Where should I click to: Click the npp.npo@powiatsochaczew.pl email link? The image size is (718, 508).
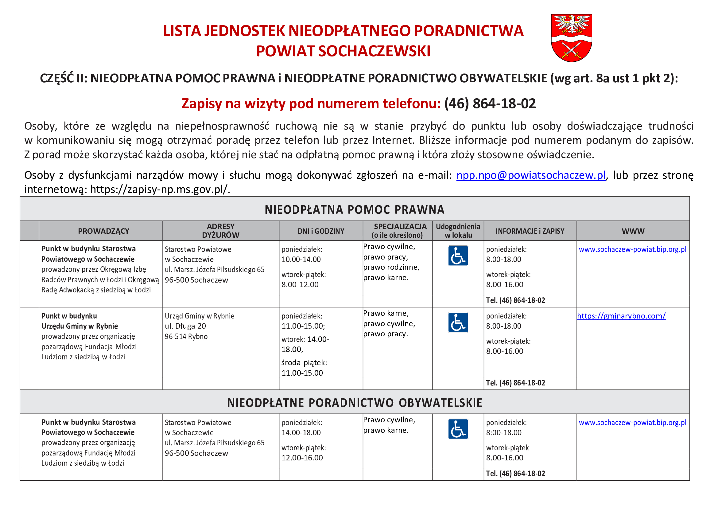(x=531, y=175)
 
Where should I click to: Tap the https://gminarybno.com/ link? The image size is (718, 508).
(x=621, y=316)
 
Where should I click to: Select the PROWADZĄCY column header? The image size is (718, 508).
(x=103, y=231)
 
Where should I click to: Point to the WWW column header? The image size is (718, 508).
(x=633, y=231)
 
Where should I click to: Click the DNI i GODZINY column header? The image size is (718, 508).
(x=321, y=231)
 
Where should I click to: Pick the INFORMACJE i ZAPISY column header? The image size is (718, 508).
(x=530, y=231)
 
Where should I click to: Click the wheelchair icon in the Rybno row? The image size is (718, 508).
(x=458, y=322)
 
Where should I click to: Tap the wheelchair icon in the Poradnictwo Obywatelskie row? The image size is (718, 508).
(x=458, y=429)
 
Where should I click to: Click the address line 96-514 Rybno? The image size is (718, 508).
(x=186, y=337)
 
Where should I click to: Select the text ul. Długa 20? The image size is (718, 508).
(x=185, y=326)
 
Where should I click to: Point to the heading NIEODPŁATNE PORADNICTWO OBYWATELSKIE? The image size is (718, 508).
(x=355, y=403)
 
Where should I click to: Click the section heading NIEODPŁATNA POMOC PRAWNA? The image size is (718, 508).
(x=355, y=209)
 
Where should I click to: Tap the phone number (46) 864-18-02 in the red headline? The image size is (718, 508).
(x=490, y=104)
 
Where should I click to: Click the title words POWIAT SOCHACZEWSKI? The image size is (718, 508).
(x=343, y=51)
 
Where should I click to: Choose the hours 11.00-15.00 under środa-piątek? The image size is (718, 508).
(x=302, y=373)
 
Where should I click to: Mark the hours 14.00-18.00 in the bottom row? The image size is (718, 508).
(x=301, y=433)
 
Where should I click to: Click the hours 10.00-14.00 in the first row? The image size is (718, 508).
(x=301, y=259)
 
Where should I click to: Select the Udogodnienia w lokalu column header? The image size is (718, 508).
(x=458, y=231)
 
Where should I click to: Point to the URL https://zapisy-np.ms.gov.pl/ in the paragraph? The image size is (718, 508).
(x=160, y=189)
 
